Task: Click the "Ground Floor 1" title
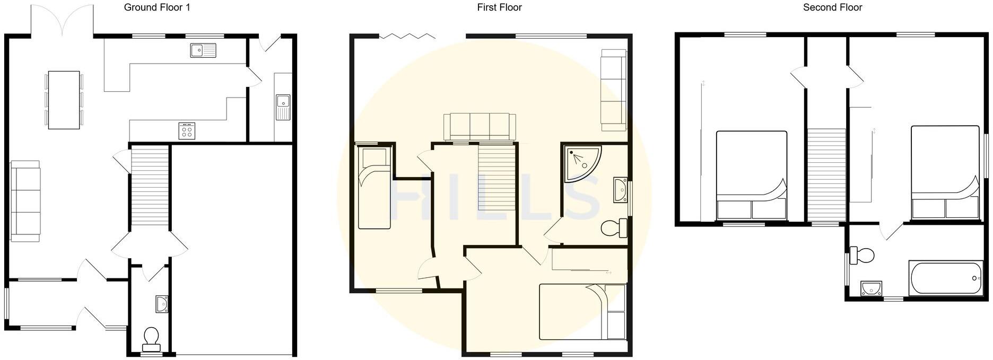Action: (x=157, y=7)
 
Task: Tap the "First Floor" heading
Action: (x=499, y=7)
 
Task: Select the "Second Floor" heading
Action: (x=832, y=7)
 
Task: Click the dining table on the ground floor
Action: (x=64, y=100)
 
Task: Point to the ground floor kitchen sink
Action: (x=203, y=50)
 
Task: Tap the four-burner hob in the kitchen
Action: (x=187, y=130)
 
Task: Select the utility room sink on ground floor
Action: (x=283, y=107)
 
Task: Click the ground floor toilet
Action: (x=151, y=339)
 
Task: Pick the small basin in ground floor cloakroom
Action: (x=162, y=304)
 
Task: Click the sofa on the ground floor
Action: (x=25, y=204)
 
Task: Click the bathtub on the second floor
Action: (x=946, y=278)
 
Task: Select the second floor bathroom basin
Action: (x=870, y=288)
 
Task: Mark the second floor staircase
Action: (x=826, y=175)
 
